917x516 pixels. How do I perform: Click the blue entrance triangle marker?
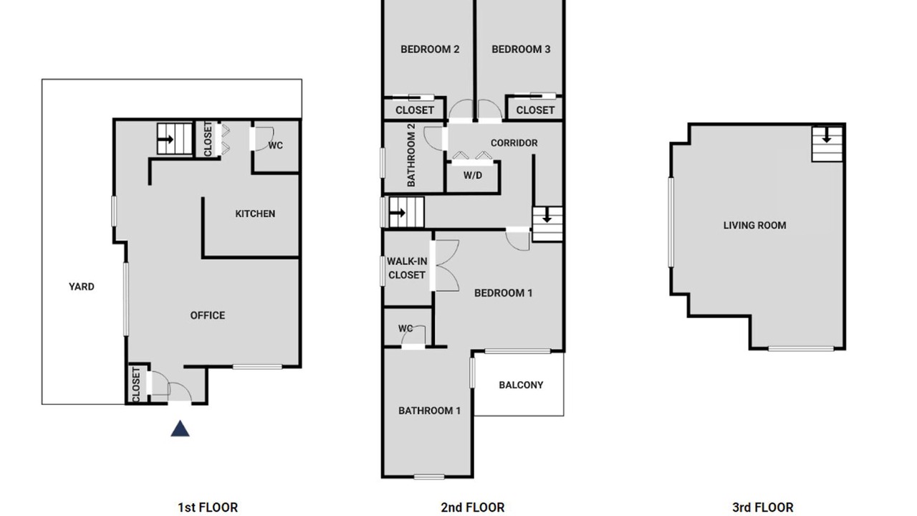pyautogui.click(x=180, y=429)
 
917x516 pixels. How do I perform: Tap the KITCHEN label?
pyautogui.click(x=255, y=214)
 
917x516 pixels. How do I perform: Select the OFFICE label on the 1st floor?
pyautogui.click(x=208, y=315)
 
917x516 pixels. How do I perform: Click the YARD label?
pyautogui.click(x=82, y=287)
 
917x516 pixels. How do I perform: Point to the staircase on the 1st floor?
pyautogui.click(x=175, y=139)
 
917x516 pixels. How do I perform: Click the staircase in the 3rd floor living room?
pyautogui.click(x=827, y=144)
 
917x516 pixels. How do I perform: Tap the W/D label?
pyautogui.click(x=473, y=176)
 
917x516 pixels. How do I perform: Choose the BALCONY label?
pyautogui.click(x=521, y=385)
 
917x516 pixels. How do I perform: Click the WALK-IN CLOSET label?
pyautogui.click(x=407, y=268)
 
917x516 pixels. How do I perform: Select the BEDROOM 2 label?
pyautogui.click(x=430, y=49)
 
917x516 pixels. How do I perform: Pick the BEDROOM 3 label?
pyautogui.click(x=521, y=49)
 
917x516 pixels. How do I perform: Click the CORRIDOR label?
pyautogui.click(x=514, y=143)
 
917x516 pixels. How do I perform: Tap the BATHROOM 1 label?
pyautogui.click(x=429, y=411)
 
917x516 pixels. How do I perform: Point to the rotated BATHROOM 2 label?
pyautogui.click(x=411, y=156)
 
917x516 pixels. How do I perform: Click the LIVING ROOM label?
pyautogui.click(x=754, y=225)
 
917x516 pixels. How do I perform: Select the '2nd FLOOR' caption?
pyautogui.click(x=473, y=508)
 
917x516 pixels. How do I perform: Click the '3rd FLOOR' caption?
pyautogui.click(x=763, y=508)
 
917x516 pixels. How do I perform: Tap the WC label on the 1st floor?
pyautogui.click(x=276, y=145)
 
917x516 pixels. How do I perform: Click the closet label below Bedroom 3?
pyautogui.click(x=535, y=110)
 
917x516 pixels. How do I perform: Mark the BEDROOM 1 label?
pyautogui.click(x=503, y=293)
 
